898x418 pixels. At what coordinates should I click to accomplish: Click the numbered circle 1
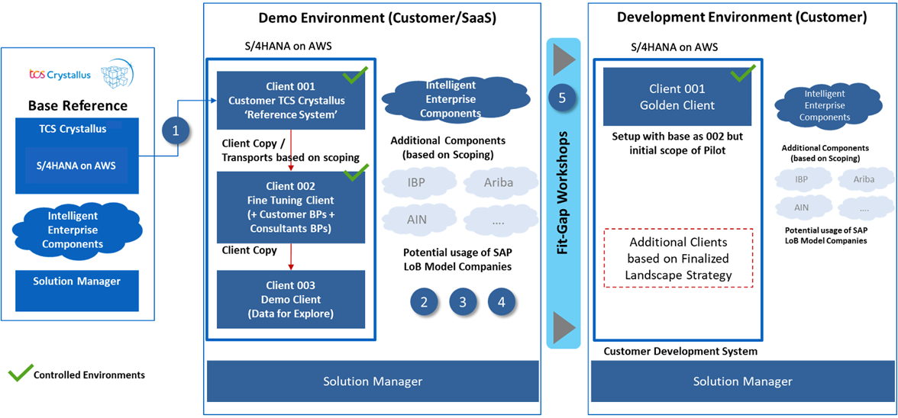(x=176, y=131)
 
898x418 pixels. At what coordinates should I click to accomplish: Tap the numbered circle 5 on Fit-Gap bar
(x=562, y=98)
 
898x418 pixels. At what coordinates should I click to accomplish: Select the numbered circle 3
(x=463, y=302)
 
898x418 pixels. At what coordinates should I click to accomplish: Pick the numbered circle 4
(x=502, y=302)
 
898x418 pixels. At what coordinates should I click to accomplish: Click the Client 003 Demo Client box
(x=291, y=300)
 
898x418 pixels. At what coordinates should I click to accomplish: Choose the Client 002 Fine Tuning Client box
(x=291, y=207)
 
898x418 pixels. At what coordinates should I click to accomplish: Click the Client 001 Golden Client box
(x=677, y=97)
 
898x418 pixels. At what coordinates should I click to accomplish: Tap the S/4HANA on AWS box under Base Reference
(x=78, y=165)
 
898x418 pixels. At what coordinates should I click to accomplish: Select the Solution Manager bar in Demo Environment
(x=373, y=381)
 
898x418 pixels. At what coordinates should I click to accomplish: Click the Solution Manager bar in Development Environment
(x=743, y=381)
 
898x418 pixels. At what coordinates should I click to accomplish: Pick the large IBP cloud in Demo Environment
(x=416, y=183)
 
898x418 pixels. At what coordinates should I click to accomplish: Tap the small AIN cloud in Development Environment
(x=801, y=207)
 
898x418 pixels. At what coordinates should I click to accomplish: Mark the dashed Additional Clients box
(x=678, y=258)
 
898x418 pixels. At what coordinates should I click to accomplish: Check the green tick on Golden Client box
(x=742, y=75)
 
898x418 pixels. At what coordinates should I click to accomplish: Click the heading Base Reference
(x=78, y=105)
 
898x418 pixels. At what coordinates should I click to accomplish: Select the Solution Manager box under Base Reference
(x=77, y=282)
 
